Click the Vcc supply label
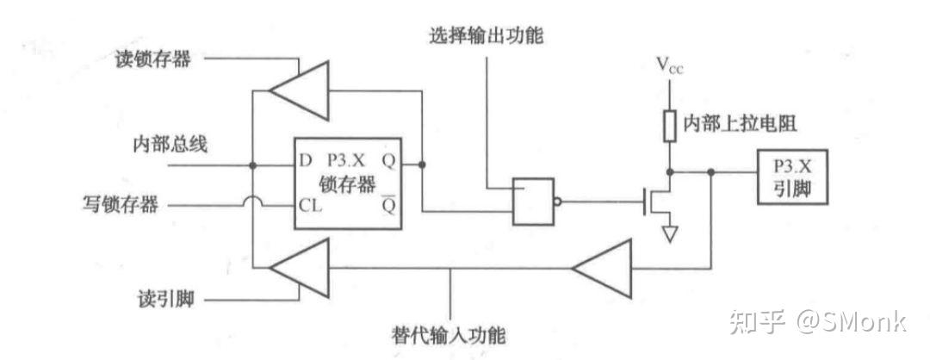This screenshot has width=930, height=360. (669, 65)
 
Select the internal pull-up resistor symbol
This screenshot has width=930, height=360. (669, 125)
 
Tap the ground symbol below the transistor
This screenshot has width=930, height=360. (669, 233)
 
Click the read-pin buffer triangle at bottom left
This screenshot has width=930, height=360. (298, 269)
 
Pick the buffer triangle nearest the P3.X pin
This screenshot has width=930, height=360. (604, 269)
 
